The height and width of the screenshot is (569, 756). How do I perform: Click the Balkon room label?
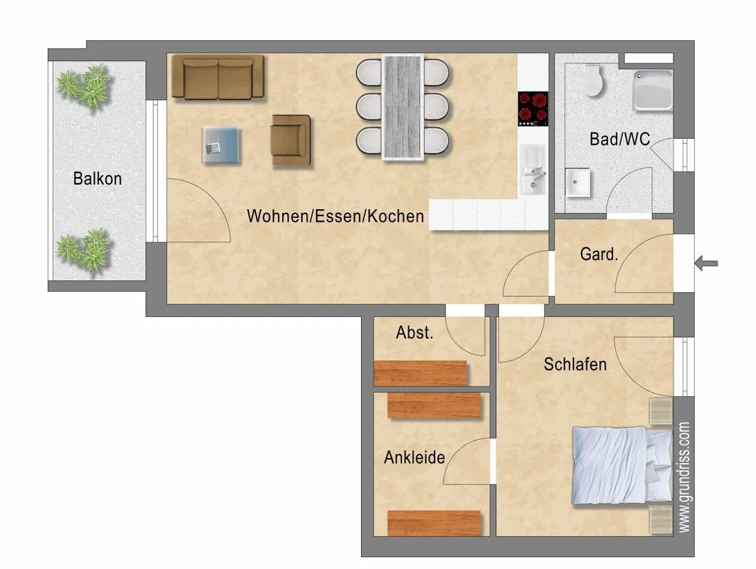[x=98, y=179]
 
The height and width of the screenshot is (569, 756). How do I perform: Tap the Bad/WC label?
[x=620, y=139]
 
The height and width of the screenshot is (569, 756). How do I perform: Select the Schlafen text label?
[x=575, y=364]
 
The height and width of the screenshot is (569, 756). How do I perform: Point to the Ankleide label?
[x=415, y=457]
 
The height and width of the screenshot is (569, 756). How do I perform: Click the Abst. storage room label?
[x=415, y=333]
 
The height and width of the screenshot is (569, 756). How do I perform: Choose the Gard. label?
[x=599, y=254]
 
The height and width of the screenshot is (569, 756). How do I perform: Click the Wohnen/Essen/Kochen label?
[x=335, y=216]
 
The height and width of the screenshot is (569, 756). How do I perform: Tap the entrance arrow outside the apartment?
[x=706, y=263]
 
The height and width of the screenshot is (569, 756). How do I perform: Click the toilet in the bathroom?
[x=592, y=80]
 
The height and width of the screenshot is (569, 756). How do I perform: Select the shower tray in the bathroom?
[x=653, y=90]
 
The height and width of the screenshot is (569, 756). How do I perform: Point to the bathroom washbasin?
[x=578, y=183]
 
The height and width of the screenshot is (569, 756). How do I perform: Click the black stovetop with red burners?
[x=533, y=109]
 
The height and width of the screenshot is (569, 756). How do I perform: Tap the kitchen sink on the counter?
[x=533, y=171]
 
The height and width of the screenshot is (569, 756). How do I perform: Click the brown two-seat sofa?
[x=218, y=77]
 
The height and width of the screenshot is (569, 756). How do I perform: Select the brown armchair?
[x=291, y=140]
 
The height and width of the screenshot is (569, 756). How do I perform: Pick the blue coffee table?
[x=220, y=145]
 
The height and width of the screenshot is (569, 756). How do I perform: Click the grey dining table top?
[x=403, y=107]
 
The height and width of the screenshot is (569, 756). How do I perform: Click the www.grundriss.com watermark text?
[x=684, y=477]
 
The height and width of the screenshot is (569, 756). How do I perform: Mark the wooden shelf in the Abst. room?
[x=421, y=373]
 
